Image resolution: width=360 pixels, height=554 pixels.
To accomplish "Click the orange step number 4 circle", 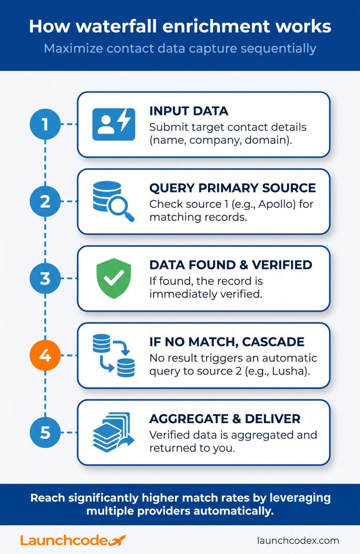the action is point(45,355).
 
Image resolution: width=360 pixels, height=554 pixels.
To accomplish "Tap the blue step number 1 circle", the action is point(45,124).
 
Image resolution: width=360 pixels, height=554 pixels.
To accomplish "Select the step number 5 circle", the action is point(45,432).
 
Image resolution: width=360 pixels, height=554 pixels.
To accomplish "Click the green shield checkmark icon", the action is point(114,278).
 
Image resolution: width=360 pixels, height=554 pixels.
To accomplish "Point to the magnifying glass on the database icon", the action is point(122,208).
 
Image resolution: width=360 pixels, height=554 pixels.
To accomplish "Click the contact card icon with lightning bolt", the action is point(114,124).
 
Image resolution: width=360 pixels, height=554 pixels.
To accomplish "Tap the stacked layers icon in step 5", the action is point(114,432).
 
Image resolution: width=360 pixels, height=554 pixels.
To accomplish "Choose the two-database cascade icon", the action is point(114,355).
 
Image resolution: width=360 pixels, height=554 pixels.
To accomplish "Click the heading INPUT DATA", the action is point(189,111).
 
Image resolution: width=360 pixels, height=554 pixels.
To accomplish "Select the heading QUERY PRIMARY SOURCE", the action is point(232,188).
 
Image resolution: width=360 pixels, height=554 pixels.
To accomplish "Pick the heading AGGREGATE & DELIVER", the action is point(225,419).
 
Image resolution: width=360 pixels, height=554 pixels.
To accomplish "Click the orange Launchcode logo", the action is point(73,540).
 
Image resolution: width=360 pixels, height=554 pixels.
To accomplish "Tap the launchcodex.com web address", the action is point(298,540).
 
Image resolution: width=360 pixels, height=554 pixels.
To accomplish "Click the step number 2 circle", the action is point(45,201).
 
